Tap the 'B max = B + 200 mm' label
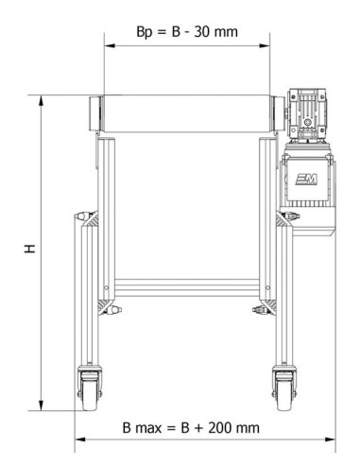click(x=191, y=427)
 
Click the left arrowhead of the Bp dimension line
click(x=107, y=45)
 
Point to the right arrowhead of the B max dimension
click(x=332, y=439)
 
